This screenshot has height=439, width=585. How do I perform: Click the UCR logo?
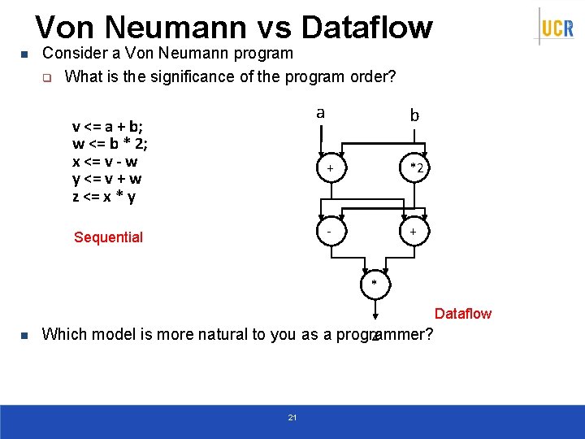coord(557,28)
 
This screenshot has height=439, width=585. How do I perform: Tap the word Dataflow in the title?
coord(366,27)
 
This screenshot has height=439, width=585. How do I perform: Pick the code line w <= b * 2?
coord(110,144)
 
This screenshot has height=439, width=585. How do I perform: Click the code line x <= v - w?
coord(105,162)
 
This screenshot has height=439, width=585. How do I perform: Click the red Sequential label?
coord(108,237)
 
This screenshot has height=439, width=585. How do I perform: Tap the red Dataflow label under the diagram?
coord(463,314)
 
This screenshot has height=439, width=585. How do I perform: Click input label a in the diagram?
coord(320,112)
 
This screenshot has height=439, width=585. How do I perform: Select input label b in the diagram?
coord(414,116)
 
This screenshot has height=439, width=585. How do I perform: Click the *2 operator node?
coord(415,167)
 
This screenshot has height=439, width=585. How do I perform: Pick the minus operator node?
coord(329,232)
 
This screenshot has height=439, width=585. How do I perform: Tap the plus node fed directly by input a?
coord(329,168)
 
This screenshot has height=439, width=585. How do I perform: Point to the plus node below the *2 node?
coord(414,232)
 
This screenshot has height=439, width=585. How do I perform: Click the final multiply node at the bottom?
coord(374,284)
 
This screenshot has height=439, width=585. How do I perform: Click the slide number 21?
coord(292,418)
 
